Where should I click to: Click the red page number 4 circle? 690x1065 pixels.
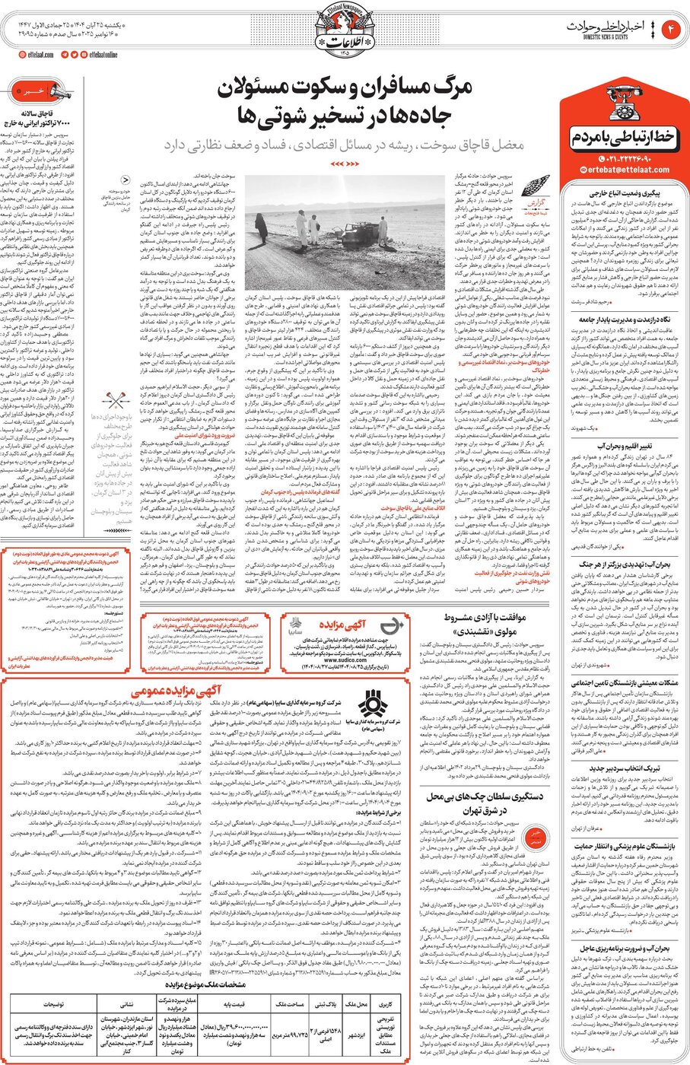point(672,30)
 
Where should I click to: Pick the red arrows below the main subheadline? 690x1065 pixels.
point(345,163)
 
